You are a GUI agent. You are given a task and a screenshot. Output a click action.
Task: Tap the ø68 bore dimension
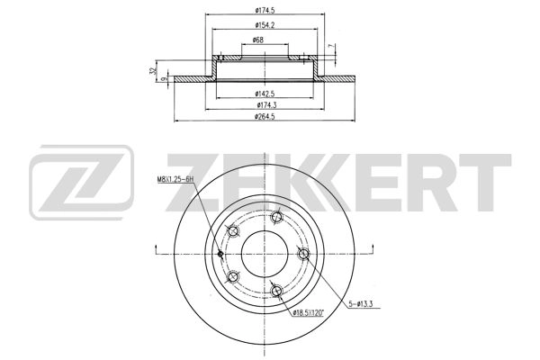click(x=258, y=40)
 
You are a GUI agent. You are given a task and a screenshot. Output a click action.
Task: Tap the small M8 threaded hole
click(x=220, y=253)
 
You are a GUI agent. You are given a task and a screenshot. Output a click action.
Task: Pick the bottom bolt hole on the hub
click(x=276, y=290)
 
